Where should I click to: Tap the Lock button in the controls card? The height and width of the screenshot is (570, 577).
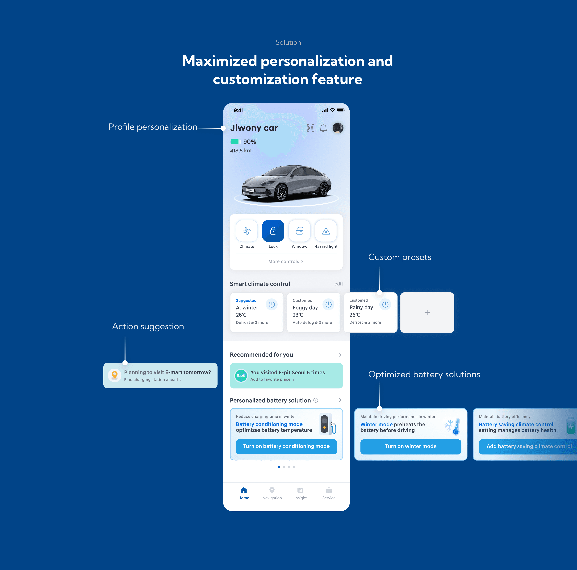pos(273,231)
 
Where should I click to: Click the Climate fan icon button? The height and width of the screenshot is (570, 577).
pos(247,231)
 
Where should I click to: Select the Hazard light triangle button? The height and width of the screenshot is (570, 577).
pos(326,231)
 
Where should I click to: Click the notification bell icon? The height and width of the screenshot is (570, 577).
pos(323,128)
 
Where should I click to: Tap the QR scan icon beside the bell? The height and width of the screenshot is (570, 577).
pos(311,128)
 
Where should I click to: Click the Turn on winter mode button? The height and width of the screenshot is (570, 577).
pos(411,446)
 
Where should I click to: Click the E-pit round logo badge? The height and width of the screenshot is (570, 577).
pos(241,376)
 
